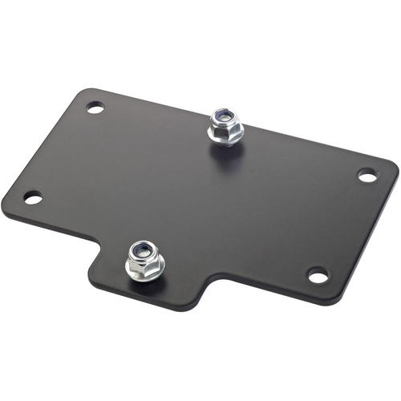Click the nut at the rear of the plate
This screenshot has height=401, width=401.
[x=225, y=126]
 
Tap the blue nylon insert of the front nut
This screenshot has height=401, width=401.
[x=143, y=250]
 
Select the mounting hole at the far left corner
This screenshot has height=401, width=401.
[x=32, y=197]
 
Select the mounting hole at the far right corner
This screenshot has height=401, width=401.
[x=367, y=175]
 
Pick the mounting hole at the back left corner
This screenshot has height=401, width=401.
[x=95, y=107]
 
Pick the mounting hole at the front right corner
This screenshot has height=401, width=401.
[x=318, y=275]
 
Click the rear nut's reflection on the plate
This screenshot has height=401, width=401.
[x=227, y=154]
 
